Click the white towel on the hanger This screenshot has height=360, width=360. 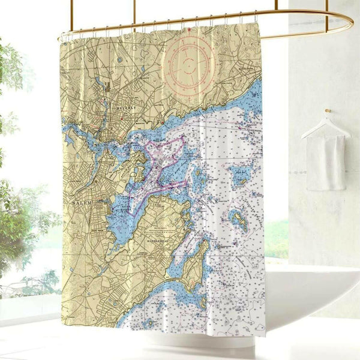326,162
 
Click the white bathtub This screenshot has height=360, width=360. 312,300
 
